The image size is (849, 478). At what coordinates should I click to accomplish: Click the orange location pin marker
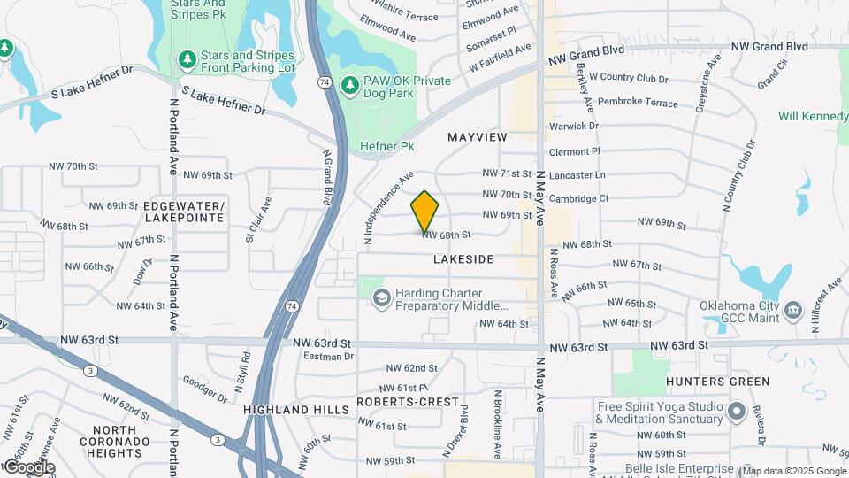click(425, 211)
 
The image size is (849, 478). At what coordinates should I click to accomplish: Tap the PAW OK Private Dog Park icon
click(350, 86)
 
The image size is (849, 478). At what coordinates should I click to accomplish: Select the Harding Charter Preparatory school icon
click(381, 298)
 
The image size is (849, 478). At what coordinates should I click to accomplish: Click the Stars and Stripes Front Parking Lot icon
click(187, 59)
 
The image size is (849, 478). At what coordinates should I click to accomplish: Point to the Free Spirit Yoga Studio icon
click(736, 412)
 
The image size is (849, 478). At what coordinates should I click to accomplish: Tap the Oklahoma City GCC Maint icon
click(792, 312)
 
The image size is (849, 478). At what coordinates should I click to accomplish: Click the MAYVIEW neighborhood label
click(478, 137)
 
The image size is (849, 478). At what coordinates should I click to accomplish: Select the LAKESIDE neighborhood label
click(463, 259)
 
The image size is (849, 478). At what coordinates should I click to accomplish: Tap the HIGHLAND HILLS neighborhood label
click(289, 410)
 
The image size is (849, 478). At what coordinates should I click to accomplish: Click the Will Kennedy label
click(813, 116)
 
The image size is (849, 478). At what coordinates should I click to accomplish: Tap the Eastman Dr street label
click(328, 357)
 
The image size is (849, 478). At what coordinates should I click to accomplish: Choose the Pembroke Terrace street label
click(639, 102)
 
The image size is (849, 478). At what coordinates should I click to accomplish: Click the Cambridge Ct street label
click(578, 198)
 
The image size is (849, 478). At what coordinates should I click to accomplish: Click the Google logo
click(28, 466)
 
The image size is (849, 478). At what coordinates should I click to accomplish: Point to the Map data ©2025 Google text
click(793, 470)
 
